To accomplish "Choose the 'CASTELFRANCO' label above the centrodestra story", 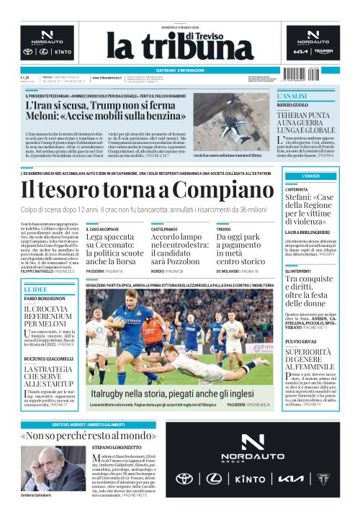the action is (x=165, y=228).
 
